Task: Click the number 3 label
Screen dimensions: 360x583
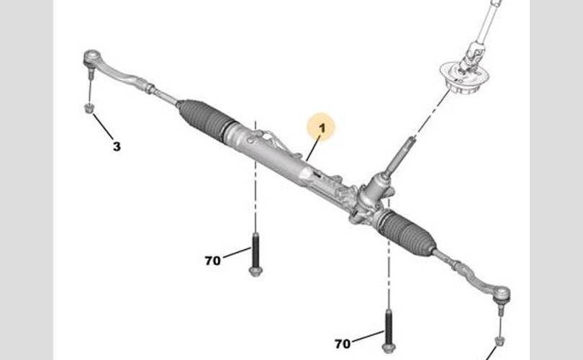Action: pos(117,147)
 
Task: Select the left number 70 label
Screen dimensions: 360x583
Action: pos(212,261)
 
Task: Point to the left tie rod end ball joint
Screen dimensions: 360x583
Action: pos(92,57)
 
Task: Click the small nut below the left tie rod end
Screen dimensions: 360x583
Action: pos(89,109)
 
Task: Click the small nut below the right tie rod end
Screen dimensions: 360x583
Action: pos(500,341)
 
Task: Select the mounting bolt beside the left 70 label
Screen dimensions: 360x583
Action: pos(256,256)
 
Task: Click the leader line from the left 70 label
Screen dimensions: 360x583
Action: pos(235,253)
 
